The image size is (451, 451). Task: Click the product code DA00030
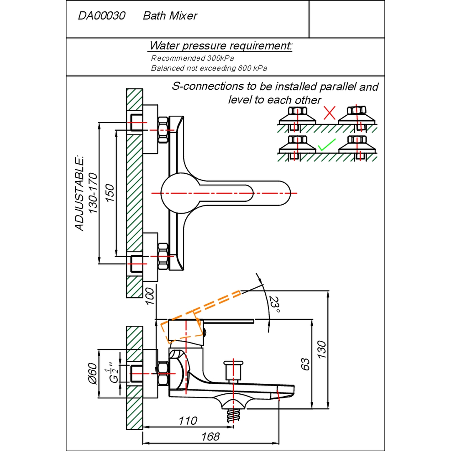point(101,16)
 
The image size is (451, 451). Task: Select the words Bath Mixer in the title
point(170,16)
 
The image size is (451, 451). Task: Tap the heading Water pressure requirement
point(220,46)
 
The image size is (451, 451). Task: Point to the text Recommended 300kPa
point(193,58)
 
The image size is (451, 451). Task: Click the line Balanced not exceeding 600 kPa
point(209,68)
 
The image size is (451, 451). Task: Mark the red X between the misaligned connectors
point(329,113)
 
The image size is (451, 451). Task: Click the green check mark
point(327,145)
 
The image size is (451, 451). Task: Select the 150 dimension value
point(109,193)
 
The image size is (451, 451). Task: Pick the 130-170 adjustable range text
point(93,193)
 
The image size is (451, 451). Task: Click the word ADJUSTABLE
point(79,194)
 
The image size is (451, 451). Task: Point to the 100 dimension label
point(150,296)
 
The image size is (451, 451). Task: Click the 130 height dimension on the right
point(322,350)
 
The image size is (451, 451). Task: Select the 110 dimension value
point(188,421)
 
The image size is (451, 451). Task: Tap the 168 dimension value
point(210,437)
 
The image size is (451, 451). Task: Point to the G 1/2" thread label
point(114,374)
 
